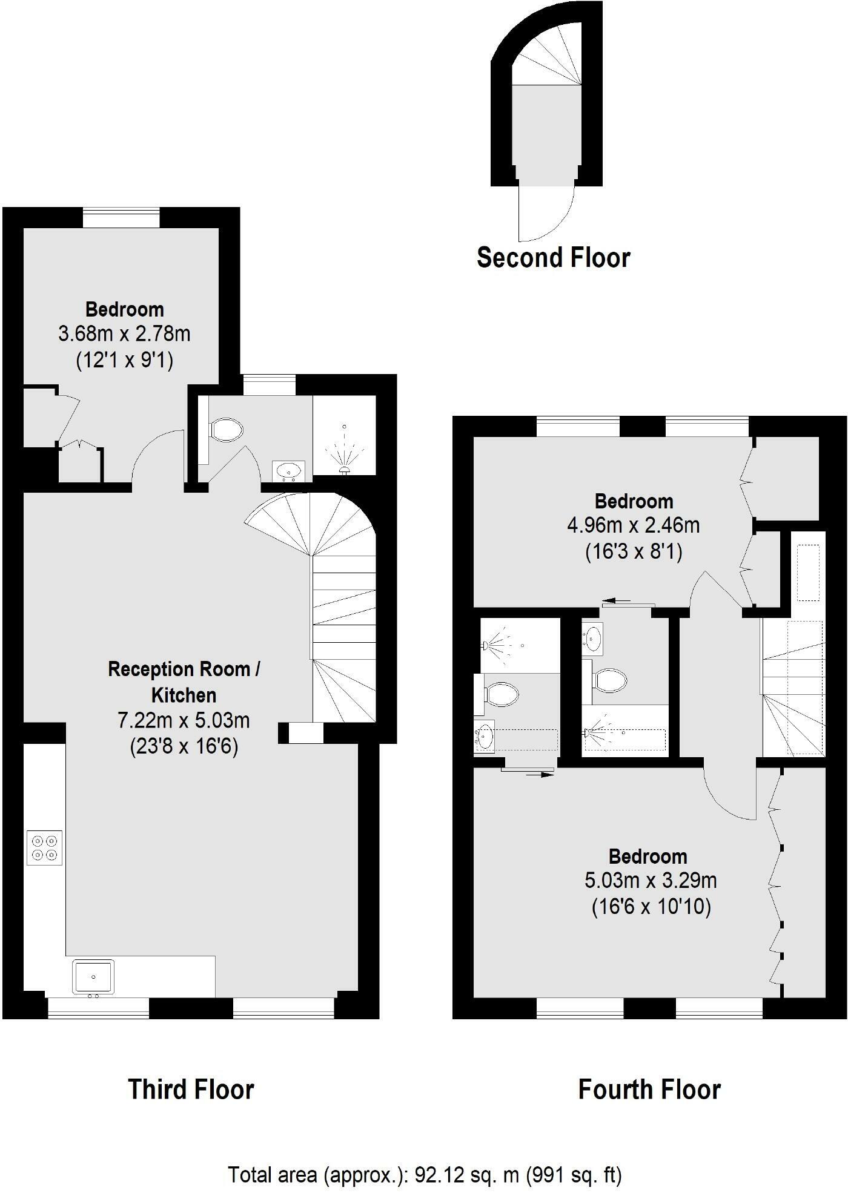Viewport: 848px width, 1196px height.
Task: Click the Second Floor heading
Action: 553,258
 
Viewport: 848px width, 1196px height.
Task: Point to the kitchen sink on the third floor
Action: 93,977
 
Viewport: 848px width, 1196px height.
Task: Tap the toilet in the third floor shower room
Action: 227,430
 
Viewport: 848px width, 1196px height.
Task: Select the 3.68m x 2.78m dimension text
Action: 124,333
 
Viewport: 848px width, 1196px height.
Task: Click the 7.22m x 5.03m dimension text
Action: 184,720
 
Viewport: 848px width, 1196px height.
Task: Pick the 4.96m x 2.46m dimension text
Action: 633,525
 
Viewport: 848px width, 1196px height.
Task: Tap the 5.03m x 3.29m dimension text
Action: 651,880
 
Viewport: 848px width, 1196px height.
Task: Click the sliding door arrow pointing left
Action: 617,601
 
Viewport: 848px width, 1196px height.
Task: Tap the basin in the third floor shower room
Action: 289,469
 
